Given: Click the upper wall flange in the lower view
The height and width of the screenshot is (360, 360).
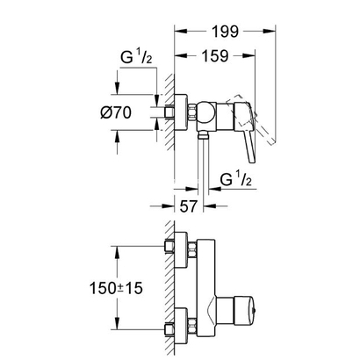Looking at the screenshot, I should [178, 250].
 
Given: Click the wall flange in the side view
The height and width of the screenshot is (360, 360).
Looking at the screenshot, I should [177, 113].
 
